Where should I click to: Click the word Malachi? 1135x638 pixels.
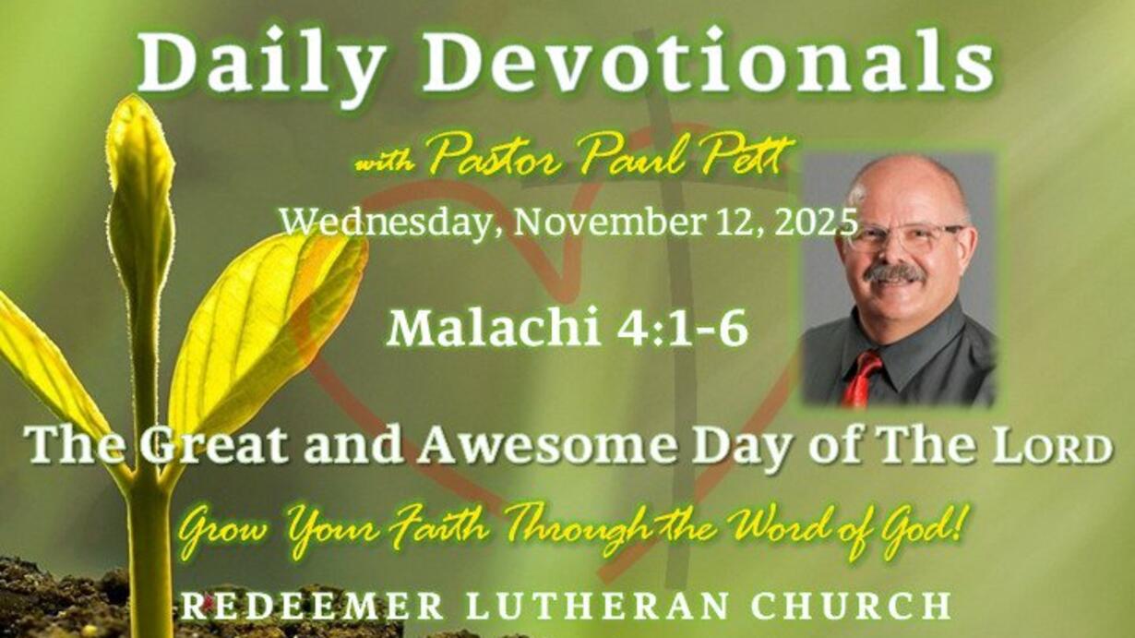[494, 329]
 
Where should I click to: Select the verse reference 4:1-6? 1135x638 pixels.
[682, 329]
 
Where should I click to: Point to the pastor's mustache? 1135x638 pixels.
[895, 274]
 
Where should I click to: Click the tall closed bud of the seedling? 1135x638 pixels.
[141, 198]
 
